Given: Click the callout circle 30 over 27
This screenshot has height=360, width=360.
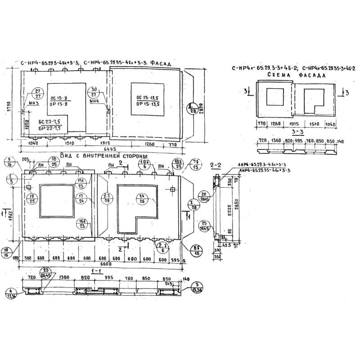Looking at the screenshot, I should [94, 92].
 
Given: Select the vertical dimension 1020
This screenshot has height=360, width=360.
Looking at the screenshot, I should [27, 124].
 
